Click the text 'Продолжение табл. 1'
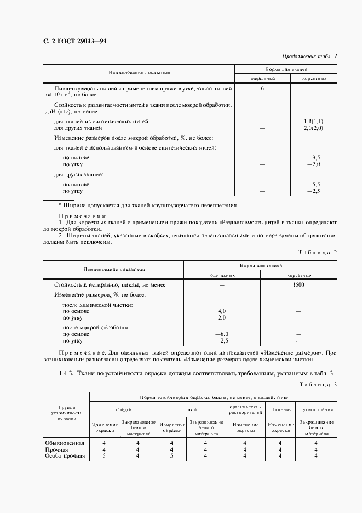tap(309, 56)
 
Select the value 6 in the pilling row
tap(262, 88)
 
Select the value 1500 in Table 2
tap(298, 285)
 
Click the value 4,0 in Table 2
tap(222, 311)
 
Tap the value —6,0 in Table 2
tap(221, 334)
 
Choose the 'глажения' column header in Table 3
tap(280, 409)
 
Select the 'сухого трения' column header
tap(315, 409)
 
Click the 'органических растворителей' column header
tap(245, 409)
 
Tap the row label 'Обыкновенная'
tap(64, 443)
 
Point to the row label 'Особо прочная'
tap(64, 455)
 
